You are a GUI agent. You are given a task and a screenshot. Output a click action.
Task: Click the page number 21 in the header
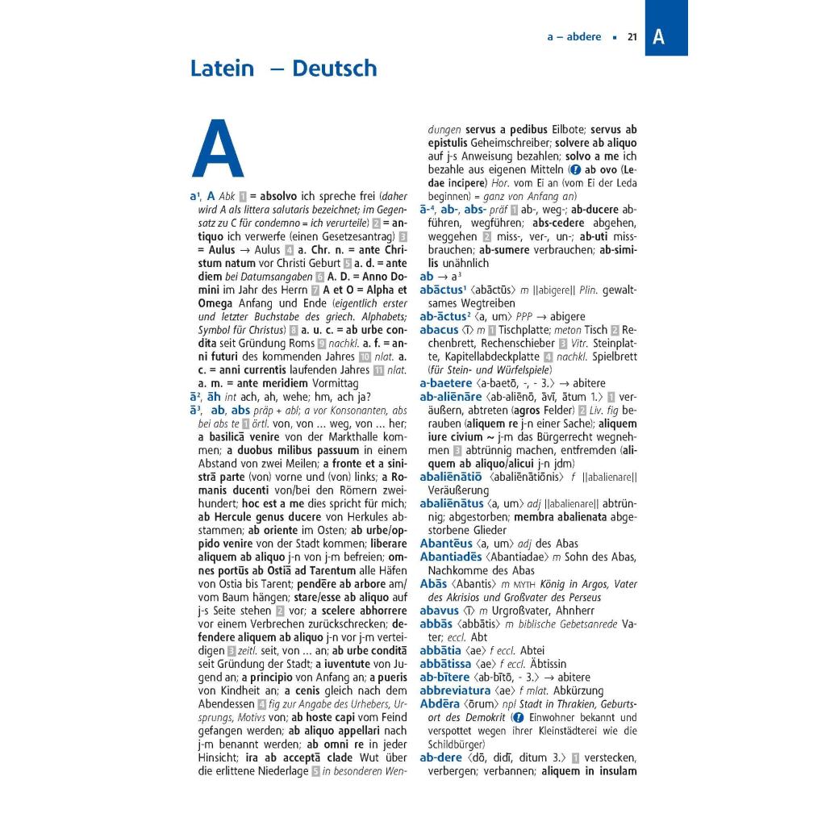(632, 37)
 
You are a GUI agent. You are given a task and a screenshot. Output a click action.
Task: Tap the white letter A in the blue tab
(659, 36)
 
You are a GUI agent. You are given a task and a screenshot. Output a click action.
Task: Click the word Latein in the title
(222, 69)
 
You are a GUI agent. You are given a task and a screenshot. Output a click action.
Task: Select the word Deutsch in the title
(335, 69)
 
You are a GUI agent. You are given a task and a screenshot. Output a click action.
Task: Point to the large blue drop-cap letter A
(218, 151)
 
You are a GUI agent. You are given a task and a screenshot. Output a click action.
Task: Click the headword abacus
(439, 330)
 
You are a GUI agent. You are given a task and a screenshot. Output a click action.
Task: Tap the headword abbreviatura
(455, 690)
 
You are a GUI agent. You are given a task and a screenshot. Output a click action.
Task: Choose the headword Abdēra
(440, 704)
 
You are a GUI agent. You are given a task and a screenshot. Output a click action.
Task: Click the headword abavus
(439, 611)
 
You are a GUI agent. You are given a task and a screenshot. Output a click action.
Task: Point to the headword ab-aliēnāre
(451, 397)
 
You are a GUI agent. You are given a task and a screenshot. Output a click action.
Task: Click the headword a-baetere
(445, 383)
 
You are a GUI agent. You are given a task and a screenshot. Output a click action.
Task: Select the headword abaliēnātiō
(452, 477)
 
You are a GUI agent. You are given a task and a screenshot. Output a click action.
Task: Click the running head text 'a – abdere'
(574, 37)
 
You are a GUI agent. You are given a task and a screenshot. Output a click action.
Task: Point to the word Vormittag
(326, 383)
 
